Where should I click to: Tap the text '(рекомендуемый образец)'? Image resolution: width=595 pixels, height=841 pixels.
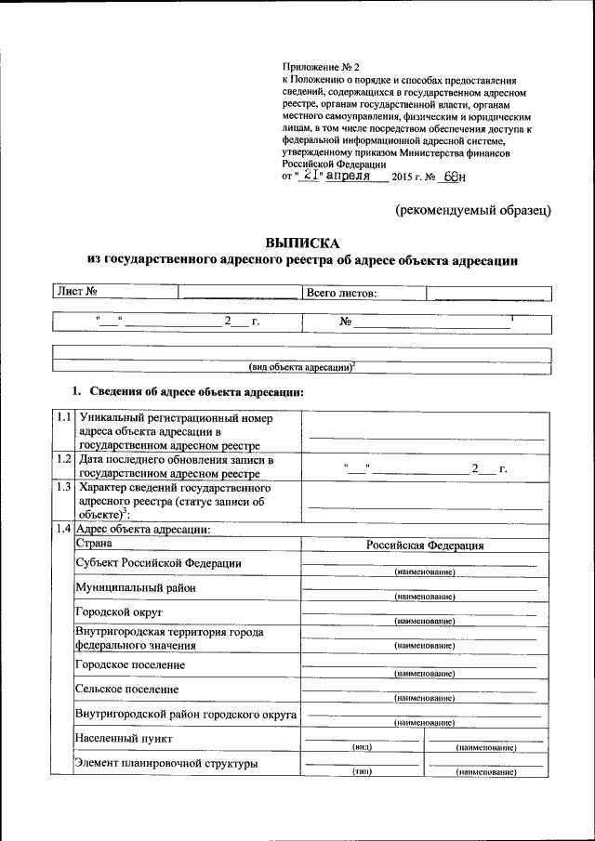pos(474,209)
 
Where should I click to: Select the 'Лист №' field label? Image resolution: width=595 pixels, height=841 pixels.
pos(79,293)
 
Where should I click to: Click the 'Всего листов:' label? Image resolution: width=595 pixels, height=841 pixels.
pos(341,294)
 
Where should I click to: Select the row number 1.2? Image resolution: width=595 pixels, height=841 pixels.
pos(63,459)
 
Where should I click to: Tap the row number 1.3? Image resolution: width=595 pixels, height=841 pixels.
pos(63,486)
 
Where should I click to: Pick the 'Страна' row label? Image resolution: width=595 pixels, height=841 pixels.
pos(94,543)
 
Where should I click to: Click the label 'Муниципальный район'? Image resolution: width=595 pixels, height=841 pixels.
pos(136,588)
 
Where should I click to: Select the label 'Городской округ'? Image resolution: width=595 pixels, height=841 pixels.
pos(119,612)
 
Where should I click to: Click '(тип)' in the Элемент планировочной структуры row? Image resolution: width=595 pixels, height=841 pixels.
pos(363,771)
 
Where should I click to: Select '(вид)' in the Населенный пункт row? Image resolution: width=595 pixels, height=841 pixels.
pos(363,746)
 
